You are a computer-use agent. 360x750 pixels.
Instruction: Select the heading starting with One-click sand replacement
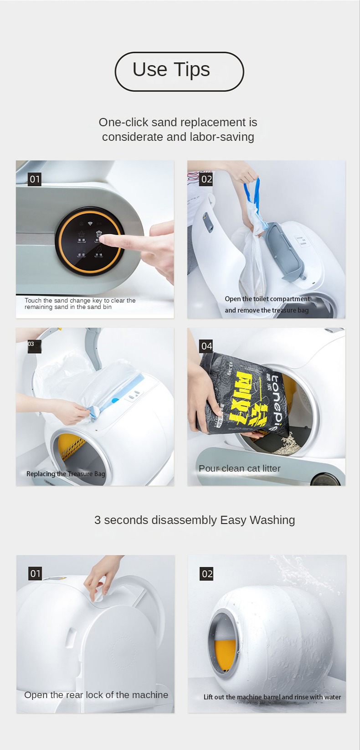click(x=178, y=129)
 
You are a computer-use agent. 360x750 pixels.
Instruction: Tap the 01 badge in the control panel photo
click(x=35, y=179)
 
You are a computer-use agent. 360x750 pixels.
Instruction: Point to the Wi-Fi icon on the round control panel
click(x=90, y=224)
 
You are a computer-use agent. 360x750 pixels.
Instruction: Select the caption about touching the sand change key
click(x=80, y=304)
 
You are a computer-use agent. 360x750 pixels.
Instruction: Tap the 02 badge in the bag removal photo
click(x=206, y=179)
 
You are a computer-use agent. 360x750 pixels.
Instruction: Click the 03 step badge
click(x=32, y=345)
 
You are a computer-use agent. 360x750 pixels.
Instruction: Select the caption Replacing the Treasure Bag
click(x=66, y=474)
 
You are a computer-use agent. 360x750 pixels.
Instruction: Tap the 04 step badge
click(x=206, y=346)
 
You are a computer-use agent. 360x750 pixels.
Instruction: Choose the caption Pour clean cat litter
click(x=239, y=468)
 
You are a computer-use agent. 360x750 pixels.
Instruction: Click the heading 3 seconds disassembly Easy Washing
click(x=195, y=520)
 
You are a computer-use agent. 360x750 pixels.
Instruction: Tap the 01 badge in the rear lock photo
click(x=35, y=574)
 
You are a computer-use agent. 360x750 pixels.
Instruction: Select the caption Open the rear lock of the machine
click(x=96, y=695)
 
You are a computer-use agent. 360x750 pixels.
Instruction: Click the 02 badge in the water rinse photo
click(x=207, y=574)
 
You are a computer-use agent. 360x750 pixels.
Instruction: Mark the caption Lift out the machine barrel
click(x=272, y=697)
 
